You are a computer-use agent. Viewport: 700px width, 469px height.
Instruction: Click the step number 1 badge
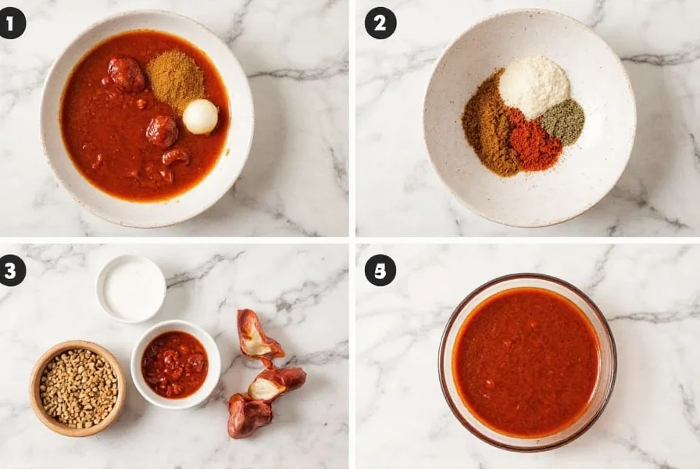coord(12,23)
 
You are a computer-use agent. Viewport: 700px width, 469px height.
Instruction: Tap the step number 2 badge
coord(380,23)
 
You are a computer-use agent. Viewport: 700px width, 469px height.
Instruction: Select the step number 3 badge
coord(12,270)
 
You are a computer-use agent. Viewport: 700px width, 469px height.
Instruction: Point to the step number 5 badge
coord(380,270)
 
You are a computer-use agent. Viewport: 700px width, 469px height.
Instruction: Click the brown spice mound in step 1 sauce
coord(175,78)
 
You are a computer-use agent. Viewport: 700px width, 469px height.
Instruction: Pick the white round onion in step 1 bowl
coord(200,116)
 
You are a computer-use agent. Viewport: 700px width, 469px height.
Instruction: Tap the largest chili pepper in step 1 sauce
coord(126,74)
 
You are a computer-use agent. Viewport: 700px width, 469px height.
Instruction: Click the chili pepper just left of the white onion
coord(162,131)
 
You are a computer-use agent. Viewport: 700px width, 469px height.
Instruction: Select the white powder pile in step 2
coord(534,85)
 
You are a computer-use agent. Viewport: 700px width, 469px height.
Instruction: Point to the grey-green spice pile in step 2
coord(563,121)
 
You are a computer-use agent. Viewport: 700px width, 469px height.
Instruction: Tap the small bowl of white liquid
coord(130,288)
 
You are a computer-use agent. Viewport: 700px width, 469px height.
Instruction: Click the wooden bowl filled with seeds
coord(77,387)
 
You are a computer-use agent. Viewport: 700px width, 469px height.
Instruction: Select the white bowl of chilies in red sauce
coord(175,364)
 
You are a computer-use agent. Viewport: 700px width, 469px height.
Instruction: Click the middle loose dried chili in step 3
coord(277,382)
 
